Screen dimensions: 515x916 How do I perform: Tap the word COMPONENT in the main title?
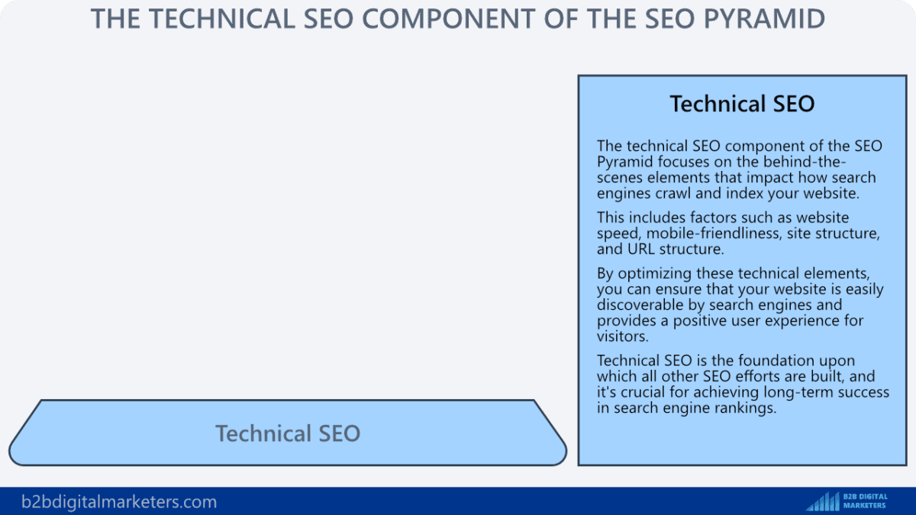409,18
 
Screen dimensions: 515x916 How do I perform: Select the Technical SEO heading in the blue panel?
742,104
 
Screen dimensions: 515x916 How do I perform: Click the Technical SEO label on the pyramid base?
288,433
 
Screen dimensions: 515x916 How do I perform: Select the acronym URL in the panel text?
639,249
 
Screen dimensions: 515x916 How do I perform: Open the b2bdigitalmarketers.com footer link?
119,502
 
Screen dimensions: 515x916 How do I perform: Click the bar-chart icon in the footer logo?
823,501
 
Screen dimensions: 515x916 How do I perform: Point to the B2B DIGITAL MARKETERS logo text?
865,501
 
